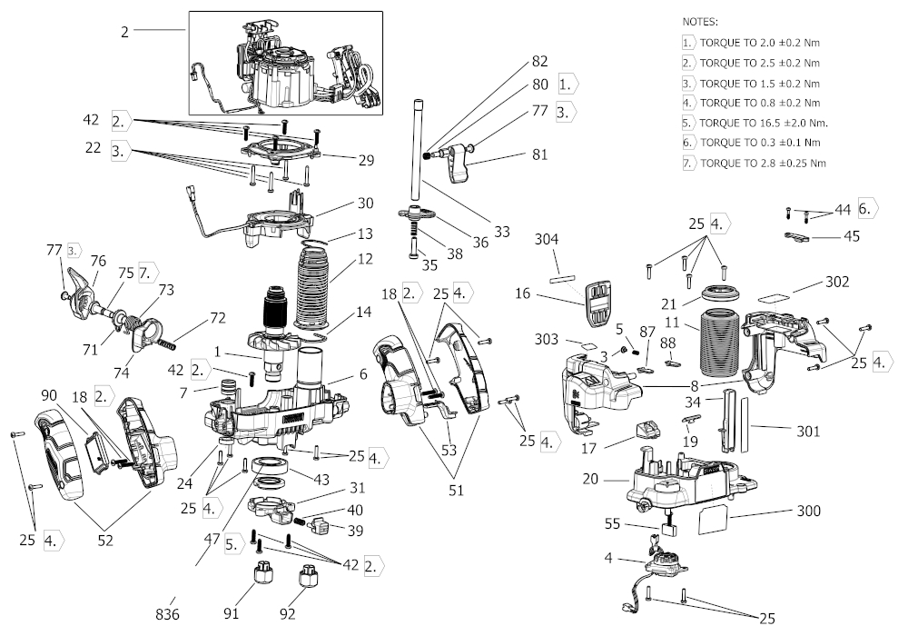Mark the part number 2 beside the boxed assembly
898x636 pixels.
124,31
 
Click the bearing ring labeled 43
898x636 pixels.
271,472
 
